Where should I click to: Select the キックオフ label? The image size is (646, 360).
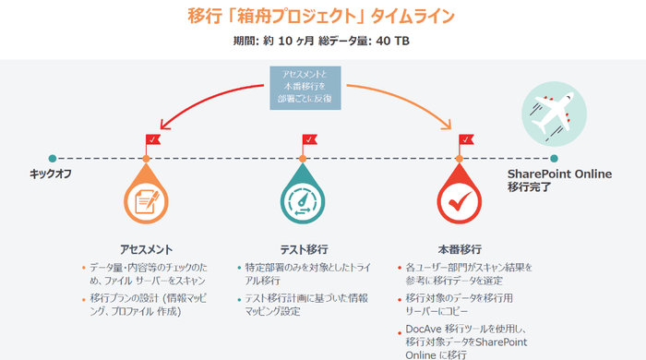point(51,174)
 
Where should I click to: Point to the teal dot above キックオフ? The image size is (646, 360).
point(53,158)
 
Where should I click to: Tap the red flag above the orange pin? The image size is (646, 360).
point(152,141)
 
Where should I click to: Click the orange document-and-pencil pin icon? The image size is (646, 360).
point(148,199)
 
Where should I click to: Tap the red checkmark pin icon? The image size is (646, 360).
point(461,199)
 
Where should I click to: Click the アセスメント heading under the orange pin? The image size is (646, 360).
point(148,249)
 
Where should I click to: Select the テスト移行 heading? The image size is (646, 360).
point(305,249)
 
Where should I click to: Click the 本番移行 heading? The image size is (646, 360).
point(460,249)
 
